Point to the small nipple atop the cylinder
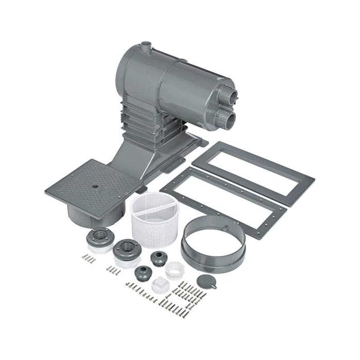click(x=146, y=46)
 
